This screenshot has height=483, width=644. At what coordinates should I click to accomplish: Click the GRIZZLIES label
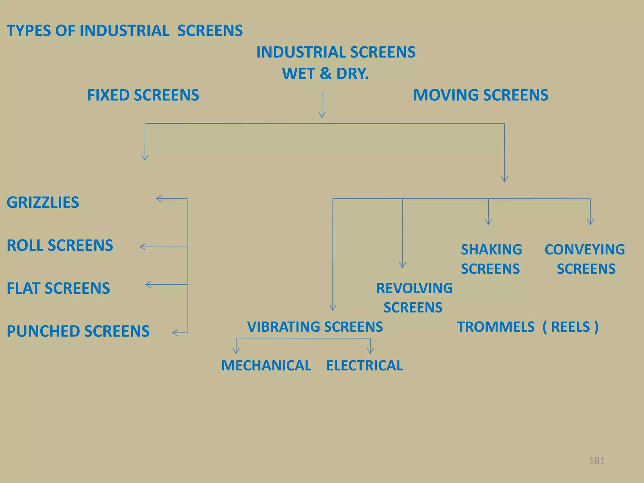click(x=43, y=203)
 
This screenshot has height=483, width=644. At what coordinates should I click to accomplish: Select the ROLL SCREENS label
click(x=60, y=246)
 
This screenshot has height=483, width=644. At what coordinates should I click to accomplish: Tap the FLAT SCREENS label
click(x=58, y=288)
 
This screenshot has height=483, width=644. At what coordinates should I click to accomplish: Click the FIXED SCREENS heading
click(x=143, y=95)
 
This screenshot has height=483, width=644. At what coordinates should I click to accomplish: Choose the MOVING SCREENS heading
click(x=480, y=95)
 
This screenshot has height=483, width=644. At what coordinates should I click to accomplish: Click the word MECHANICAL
click(x=266, y=366)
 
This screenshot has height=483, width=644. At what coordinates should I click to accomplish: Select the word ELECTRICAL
click(x=364, y=366)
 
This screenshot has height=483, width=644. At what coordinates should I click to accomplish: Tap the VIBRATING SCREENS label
click(x=315, y=327)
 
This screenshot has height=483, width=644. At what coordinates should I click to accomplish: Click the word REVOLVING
click(x=414, y=288)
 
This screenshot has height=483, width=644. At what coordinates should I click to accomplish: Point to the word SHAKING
click(x=491, y=250)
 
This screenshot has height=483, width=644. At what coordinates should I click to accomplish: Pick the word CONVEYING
click(x=585, y=250)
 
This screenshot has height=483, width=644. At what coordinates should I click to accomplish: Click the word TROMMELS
click(x=496, y=327)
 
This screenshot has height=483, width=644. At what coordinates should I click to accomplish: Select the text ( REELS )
click(x=570, y=327)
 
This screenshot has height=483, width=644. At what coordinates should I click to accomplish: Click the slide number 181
click(x=597, y=461)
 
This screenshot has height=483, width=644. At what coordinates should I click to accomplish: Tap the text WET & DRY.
click(x=325, y=74)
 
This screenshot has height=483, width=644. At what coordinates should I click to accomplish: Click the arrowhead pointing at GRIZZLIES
click(x=158, y=199)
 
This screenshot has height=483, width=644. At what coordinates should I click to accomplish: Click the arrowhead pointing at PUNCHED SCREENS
click(x=175, y=333)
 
